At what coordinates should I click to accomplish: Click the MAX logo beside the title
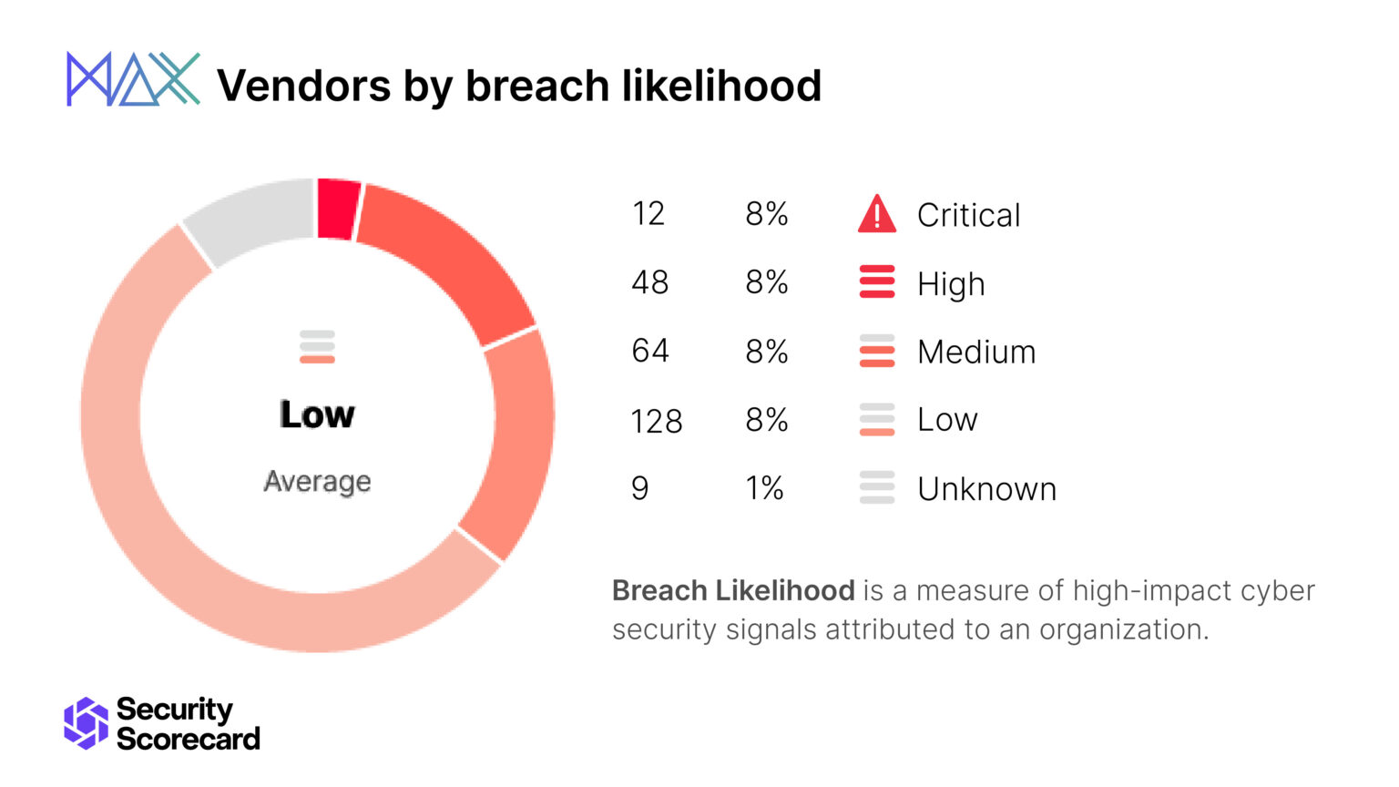(x=133, y=79)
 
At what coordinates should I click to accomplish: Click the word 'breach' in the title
(x=537, y=86)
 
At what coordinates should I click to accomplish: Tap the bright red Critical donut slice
(x=338, y=209)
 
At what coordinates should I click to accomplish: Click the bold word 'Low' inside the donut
(x=317, y=414)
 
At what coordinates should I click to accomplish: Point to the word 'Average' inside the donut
(x=317, y=481)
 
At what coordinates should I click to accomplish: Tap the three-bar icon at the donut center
(x=317, y=347)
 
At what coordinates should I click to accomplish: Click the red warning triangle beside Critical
(x=876, y=215)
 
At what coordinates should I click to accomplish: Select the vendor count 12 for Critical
(x=648, y=214)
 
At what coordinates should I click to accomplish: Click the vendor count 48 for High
(x=649, y=282)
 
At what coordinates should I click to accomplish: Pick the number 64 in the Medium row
(x=649, y=351)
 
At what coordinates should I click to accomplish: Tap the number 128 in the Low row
(x=656, y=421)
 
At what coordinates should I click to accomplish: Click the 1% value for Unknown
(x=764, y=489)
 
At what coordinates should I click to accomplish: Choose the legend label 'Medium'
(x=976, y=352)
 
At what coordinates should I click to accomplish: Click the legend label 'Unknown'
(x=986, y=489)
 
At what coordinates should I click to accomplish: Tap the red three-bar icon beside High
(x=876, y=282)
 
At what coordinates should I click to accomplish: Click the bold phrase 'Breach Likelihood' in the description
(x=733, y=590)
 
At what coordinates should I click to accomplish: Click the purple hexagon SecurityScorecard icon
(x=86, y=723)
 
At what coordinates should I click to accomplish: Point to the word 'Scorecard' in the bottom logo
(x=189, y=739)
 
